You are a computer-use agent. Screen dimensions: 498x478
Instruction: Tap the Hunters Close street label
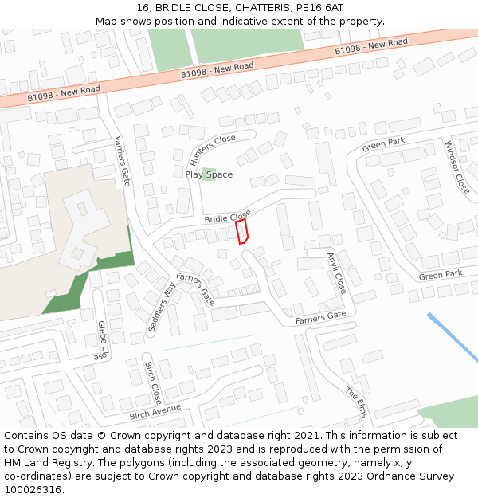(x=214, y=149)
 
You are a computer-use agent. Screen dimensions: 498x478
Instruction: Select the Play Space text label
(x=209, y=174)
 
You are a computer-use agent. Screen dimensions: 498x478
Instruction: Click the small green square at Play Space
(x=209, y=174)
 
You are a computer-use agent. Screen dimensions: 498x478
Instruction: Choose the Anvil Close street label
(x=336, y=273)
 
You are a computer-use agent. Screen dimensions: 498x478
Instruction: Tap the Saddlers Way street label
(x=162, y=305)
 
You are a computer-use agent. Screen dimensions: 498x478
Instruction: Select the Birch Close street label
(x=153, y=382)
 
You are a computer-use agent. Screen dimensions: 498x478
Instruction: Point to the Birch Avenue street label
(x=155, y=412)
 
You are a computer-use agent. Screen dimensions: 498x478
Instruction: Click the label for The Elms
(x=356, y=403)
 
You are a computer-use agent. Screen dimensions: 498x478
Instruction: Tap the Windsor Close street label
(x=457, y=167)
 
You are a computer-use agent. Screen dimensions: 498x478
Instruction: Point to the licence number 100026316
(x=34, y=490)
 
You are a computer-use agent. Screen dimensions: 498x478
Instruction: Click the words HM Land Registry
(x=45, y=463)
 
